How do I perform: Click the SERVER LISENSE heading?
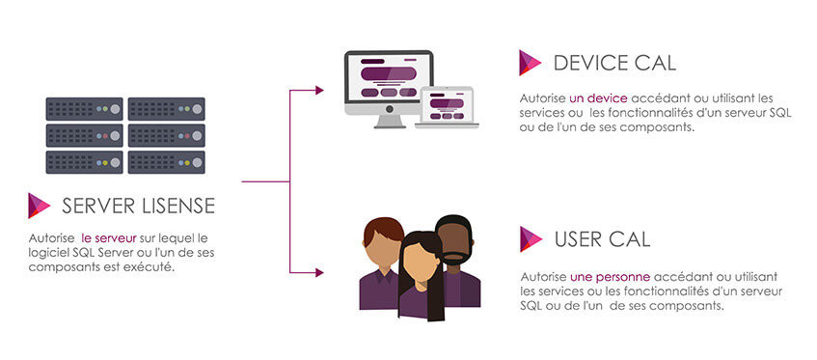138,206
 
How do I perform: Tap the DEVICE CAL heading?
614,64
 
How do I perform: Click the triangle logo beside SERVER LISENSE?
40,206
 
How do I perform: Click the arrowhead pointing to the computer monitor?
318,91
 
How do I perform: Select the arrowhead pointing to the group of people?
318,272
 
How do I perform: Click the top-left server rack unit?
85,108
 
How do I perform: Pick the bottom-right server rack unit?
167,161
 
